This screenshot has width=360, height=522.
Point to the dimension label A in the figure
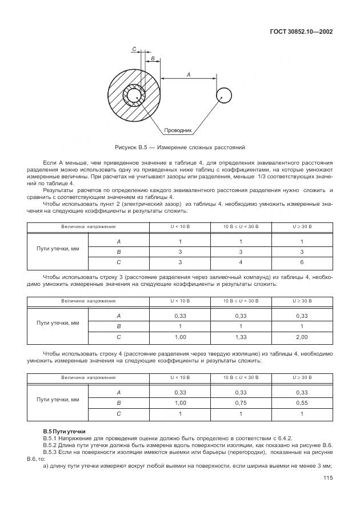click(188, 74)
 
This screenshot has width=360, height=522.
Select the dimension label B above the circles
click(153, 58)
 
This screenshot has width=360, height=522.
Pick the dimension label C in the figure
click(134, 50)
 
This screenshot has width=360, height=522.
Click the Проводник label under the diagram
click(178, 130)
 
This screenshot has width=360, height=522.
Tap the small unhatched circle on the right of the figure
click(223, 96)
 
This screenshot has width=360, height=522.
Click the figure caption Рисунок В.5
click(179, 147)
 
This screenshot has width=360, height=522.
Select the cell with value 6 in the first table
click(302, 262)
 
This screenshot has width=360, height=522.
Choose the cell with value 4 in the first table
click(241, 262)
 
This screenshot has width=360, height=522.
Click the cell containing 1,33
click(241, 337)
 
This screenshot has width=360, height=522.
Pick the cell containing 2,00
click(302, 337)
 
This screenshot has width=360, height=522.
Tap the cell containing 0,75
click(241, 403)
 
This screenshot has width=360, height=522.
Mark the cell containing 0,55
click(302, 403)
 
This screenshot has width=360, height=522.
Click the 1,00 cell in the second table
click(180, 337)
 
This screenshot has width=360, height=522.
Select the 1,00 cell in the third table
click(180, 403)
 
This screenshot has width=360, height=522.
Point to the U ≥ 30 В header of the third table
click(302, 377)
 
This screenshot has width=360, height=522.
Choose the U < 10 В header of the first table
click(180, 227)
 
